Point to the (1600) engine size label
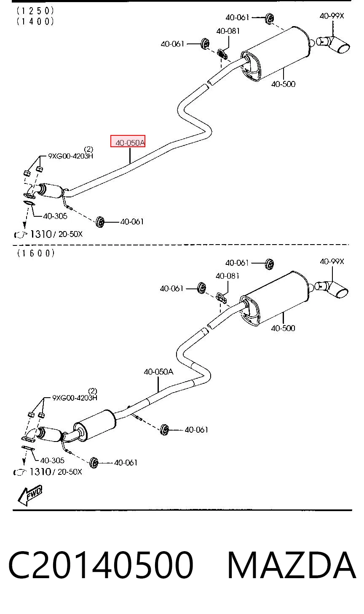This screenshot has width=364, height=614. click(36, 253)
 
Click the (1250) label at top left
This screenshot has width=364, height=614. click(35, 11)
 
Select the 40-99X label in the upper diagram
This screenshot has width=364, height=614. click(332, 16)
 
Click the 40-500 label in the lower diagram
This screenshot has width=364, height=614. click(283, 328)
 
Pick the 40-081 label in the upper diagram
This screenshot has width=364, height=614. click(228, 31)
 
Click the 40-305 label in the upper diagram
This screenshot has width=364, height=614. click(55, 216)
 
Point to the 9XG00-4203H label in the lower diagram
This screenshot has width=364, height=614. click(75, 398)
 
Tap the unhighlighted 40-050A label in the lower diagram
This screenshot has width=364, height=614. click(158, 372)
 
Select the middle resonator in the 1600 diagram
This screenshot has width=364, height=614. click(95, 425)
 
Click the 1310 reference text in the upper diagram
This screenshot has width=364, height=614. click(40, 234)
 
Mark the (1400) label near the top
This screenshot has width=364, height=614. click(35, 22)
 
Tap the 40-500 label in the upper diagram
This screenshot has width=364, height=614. click(283, 84)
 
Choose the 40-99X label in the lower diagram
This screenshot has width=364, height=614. click(332, 261)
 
